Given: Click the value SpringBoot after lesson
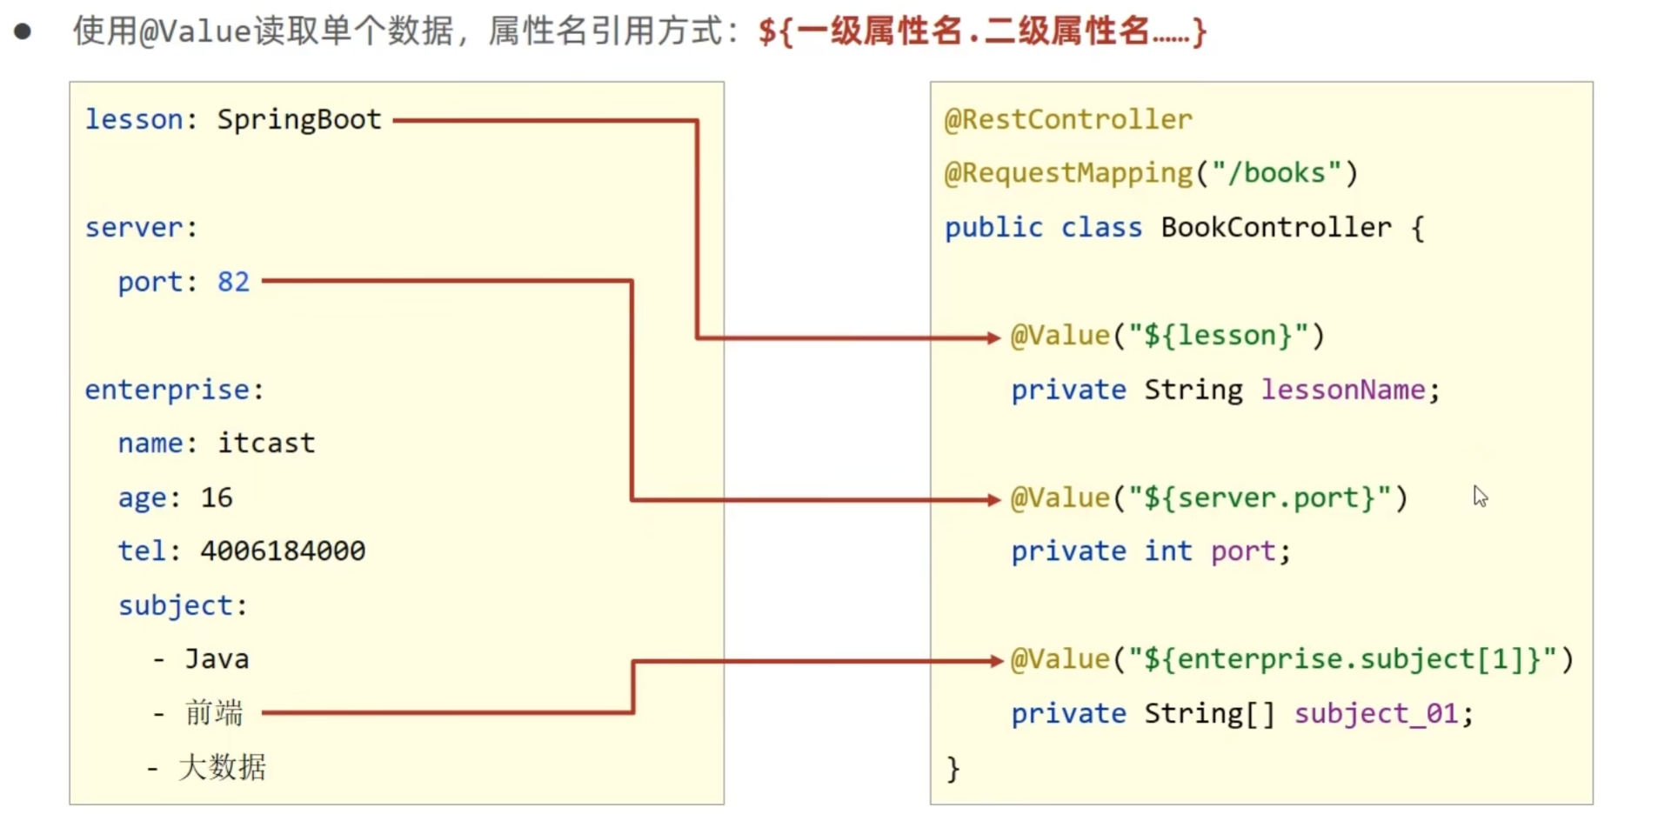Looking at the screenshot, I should pyautogui.click(x=298, y=119).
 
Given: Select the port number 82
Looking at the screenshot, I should pyautogui.click(x=233, y=282).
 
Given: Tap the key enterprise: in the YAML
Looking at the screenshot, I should pyautogui.click(x=173, y=390).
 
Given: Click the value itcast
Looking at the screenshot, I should pyautogui.click(x=266, y=444).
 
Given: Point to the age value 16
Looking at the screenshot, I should pyautogui.click(x=217, y=497).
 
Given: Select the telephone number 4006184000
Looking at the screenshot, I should pyautogui.click(x=283, y=551).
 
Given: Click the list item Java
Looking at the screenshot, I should pyautogui.click(x=217, y=659).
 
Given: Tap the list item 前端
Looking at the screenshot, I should pyautogui.click(x=214, y=713).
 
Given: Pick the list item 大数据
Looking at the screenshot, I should pyautogui.click(x=222, y=767).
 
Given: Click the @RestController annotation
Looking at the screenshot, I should pyautogui.click(x=1068, y=119).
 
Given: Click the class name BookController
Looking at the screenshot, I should pyautogui.click(x=1275, y=228).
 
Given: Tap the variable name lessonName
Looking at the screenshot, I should pyautogui.click(x=1342, y=390).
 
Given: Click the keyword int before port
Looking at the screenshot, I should pyautogui.click(x=1167, y=551).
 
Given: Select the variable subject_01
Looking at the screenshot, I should pyautogui.click(x=1374, y=714).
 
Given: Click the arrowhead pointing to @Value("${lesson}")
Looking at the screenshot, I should pyautogui.click(x=993, y=337).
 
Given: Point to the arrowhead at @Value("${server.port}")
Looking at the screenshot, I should pyautogui.click(x=993, y=500).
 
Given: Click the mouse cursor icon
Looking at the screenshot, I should pyautogui.click(x=1480, y=497).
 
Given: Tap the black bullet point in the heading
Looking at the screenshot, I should pyautogui.click(x=23, y=32).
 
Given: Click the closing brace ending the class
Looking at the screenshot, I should pyautogui.click(x=953, y=769).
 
